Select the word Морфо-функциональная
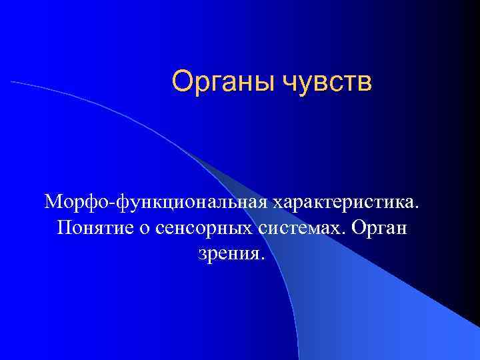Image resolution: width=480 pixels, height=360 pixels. (154, 201)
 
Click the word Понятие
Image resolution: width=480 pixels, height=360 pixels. (96, 228)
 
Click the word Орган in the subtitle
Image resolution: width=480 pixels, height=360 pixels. (379, 229)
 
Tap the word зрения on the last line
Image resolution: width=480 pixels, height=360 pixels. (228, 255)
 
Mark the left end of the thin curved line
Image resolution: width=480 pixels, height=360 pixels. (11, 82)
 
